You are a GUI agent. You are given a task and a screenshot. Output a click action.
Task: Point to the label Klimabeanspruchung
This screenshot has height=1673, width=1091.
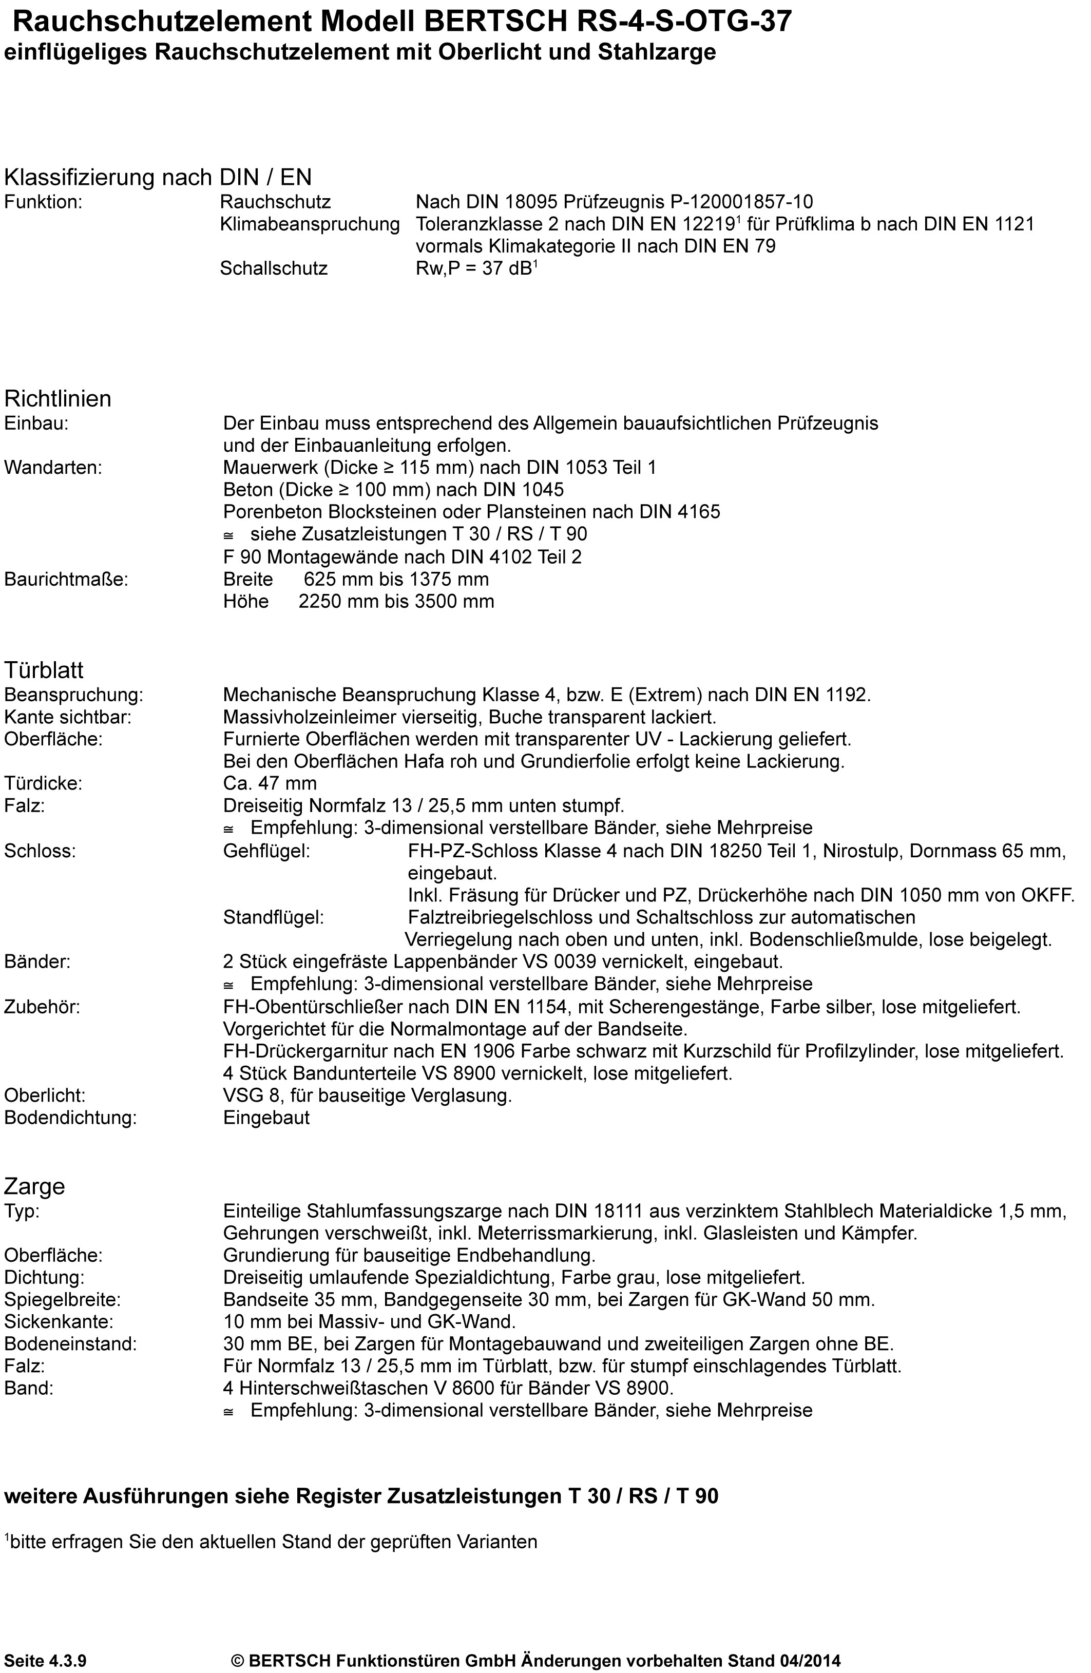click(x=309, y=225)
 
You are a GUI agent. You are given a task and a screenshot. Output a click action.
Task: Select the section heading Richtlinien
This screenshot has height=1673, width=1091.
click(x=58, y=398)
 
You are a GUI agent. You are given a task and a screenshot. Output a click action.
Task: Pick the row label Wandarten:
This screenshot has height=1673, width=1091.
click(x=53, y=468)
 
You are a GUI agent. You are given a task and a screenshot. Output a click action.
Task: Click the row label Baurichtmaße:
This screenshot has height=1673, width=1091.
click(x=66, y=579)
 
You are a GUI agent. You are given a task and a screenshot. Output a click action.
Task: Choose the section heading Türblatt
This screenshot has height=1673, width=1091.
click(x=44, y=669)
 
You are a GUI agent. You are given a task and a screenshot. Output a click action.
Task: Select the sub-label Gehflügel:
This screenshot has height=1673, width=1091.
click(x=266, y=851)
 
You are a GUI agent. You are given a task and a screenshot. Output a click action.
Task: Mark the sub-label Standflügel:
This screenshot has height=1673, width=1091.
click(x=274, y=917)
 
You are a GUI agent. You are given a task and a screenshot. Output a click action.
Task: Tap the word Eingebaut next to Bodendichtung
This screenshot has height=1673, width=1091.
click(x=266, y=1118)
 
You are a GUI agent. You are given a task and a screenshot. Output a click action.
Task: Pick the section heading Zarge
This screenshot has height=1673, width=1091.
click(x=34, y=1186)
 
